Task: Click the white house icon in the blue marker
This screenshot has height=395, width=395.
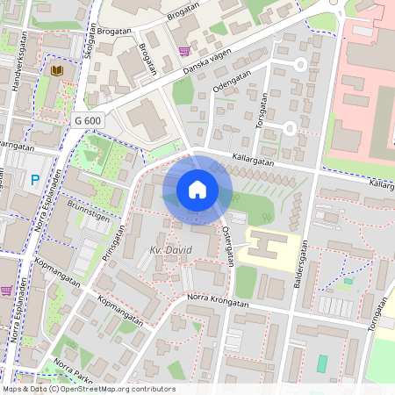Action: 197,189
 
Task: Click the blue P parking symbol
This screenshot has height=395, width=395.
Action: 35,181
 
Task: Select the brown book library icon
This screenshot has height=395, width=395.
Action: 57,70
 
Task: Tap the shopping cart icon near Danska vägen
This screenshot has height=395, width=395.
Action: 183,51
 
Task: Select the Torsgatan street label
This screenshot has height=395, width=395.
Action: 261,111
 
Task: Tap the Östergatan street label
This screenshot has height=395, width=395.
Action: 228,241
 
